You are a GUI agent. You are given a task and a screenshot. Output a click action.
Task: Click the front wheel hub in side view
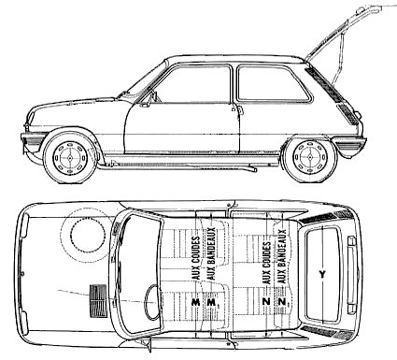(70, 158)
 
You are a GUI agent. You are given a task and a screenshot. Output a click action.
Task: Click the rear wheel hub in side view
(310, 156)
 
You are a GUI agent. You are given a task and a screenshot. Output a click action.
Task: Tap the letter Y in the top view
(322, 274)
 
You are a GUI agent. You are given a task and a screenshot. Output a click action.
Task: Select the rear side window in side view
(274, 83)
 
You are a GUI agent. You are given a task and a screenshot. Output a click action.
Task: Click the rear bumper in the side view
(350, 145)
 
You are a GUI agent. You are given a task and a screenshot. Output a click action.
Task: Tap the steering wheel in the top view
(152, 302)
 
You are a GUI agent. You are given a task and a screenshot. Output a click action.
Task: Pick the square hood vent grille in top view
(98, 301)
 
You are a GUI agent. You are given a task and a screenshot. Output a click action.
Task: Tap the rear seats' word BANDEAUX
(283, 256)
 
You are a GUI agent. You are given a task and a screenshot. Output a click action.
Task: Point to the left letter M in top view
(196, 302)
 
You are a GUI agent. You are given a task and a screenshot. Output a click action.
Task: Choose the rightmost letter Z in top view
(283, 302)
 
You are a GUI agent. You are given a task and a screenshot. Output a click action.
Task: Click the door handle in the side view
(241, 109)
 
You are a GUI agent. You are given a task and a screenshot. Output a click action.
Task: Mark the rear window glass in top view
(323, 274)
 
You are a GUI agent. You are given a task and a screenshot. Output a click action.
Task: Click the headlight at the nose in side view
(31, 118)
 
